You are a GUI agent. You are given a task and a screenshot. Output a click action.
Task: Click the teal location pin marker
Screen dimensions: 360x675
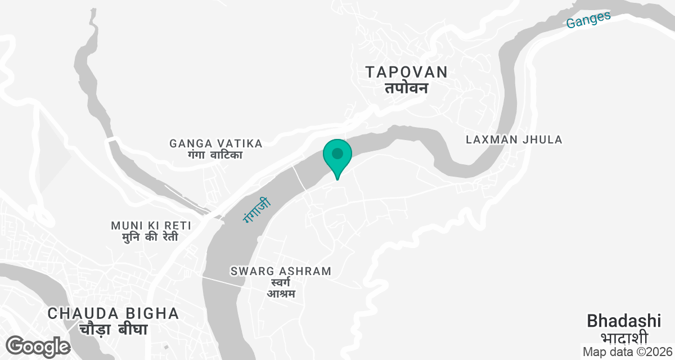(337, 155)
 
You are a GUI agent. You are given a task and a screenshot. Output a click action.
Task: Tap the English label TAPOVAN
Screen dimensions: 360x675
(407, 72)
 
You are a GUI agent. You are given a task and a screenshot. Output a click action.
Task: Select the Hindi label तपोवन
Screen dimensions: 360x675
(407, 88)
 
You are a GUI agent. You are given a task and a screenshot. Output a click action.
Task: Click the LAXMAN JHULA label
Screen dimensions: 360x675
(514, 139)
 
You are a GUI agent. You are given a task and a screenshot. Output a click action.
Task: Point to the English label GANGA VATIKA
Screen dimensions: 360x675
(216, 143)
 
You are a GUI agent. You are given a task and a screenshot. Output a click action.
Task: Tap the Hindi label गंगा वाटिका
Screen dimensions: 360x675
(216, 155)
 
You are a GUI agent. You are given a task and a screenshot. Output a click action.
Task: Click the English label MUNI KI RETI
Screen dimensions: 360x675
(151, 226)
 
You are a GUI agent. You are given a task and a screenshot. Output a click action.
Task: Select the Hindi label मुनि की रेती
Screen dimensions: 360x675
(150, 237)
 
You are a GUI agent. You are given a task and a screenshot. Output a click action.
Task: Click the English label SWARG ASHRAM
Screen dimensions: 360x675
(281, 271)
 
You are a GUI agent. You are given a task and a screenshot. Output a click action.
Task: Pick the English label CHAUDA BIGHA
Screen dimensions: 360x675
(113, 313)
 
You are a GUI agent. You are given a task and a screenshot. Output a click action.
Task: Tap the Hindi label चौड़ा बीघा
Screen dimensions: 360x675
(113, 329)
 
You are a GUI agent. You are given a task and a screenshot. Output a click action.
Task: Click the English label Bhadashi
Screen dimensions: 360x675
(624, 321)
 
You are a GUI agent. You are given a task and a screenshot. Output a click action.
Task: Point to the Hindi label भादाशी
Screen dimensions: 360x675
(624, 337)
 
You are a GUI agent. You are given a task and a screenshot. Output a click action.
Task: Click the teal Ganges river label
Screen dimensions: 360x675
(588, 20)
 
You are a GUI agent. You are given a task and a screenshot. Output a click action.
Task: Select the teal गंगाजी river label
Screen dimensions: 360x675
(257, 210)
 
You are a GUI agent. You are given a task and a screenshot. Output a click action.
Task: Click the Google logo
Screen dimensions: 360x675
(38, 346)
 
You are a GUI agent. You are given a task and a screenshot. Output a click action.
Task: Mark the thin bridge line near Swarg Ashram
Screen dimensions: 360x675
(225, 282)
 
